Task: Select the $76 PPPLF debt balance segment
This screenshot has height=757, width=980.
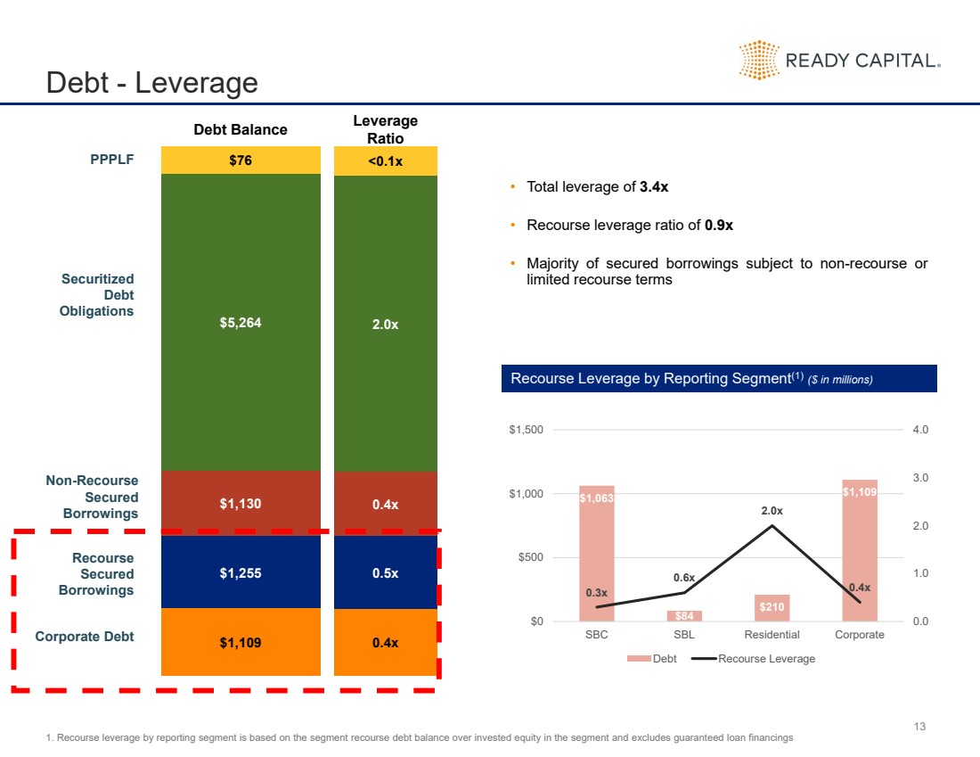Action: [x=241, y=160]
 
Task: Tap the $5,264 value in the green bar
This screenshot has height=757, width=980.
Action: [x=241, y=323]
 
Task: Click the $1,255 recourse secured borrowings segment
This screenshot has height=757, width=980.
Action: [x=241, y=573]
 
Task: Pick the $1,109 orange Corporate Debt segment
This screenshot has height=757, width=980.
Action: [x=241, y=642]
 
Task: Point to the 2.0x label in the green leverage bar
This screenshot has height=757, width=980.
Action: [x=385, y=325]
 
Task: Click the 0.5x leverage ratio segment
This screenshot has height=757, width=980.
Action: [x=385, y=573]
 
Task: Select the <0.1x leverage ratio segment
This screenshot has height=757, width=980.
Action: [x=385, y=161]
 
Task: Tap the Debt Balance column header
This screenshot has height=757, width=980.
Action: [x=241, y=130]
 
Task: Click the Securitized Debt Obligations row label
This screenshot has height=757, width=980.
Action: [x=97, y=295]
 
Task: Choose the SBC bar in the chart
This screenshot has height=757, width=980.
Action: [x=597, y=553]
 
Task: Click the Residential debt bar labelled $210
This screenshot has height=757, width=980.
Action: [x=772, y=607]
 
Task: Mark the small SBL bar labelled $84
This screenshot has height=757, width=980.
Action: [x=684, y=615]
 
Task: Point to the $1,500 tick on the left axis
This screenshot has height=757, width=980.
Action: [x=526, y=430]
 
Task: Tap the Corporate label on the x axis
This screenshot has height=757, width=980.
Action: [x=859, y=635]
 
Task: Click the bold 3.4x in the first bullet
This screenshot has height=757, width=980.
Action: [x=654, y=187]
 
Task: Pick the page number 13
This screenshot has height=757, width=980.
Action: [x=920, y=727]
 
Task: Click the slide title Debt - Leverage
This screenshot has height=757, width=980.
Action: [x=152, y=83]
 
